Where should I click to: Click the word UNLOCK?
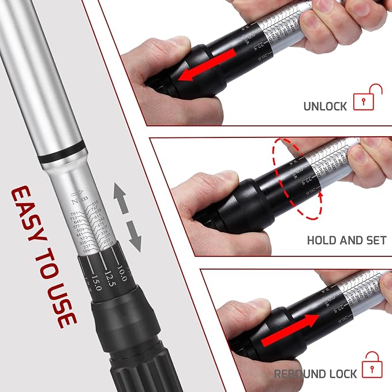[325, 106]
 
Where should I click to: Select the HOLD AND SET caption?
[346, 240]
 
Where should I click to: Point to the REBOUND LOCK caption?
[316, 374]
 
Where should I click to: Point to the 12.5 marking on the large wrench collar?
[108, 279]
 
